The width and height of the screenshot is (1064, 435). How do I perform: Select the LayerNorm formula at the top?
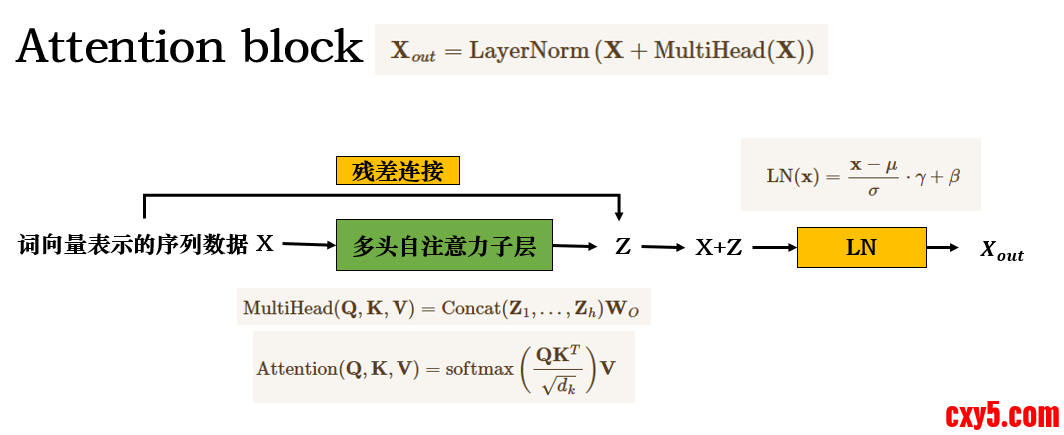point(601,50)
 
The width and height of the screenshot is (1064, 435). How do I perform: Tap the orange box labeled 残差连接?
point(398,172)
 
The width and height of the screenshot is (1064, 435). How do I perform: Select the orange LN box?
point(861,247)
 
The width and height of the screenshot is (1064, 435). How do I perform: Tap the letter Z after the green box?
point(622,246)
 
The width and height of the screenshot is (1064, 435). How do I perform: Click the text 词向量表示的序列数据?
point(133,245)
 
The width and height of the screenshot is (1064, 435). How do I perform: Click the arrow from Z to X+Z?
point(664,247)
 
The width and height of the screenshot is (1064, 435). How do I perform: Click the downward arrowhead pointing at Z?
point(620,213)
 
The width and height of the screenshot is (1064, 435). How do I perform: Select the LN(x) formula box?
point(861,175)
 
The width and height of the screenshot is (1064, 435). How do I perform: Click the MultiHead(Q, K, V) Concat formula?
point(440,308)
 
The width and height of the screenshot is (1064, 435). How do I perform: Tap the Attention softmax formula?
point(442,367)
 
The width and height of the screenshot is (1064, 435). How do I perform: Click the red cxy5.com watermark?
point(1001,413)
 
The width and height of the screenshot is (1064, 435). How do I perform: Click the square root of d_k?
point(558,383)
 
